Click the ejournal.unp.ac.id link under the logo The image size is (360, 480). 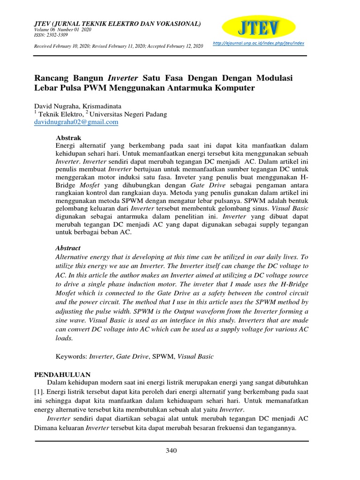[x=258, y=43]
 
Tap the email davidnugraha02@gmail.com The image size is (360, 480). [x=76, y=122]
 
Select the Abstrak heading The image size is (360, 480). [x=68, y=138]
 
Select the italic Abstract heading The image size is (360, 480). [x=68, y=248]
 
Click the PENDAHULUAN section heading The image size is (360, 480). [x=63, y=375]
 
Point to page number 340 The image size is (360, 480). [x=172, y=451]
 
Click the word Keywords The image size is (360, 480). [x=71, y=357]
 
